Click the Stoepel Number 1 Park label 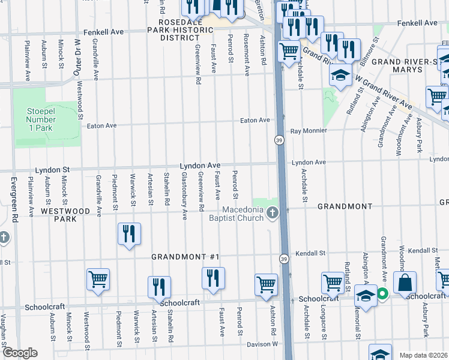point(40,119)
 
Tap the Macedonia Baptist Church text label point(243,214)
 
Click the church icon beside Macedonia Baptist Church point(273,213)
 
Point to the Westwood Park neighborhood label point(58,215)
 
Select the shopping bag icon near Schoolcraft point(405,283)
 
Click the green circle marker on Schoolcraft point(382,294)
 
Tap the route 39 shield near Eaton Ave point(279,140)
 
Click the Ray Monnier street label point(309,130)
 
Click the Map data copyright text point(423,355)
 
